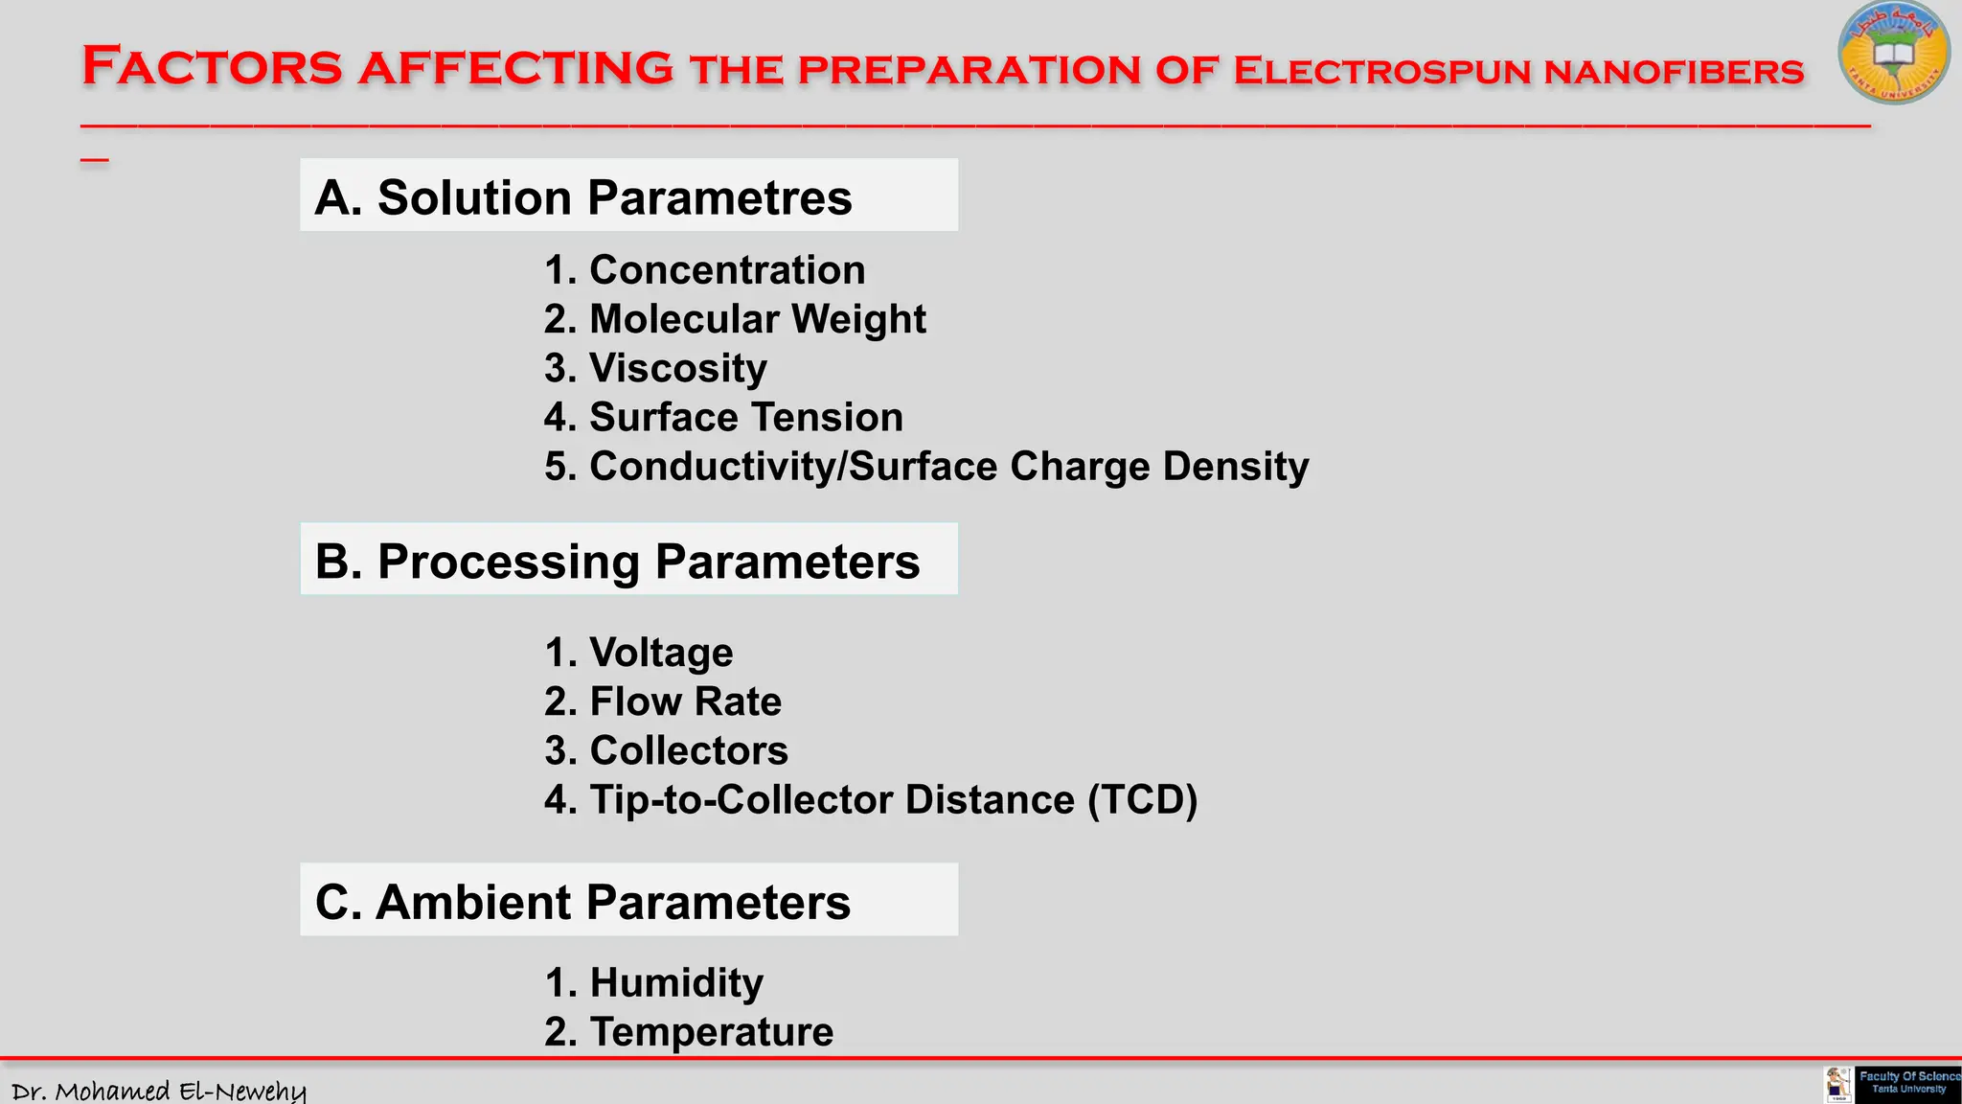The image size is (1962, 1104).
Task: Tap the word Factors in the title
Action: (212, 67)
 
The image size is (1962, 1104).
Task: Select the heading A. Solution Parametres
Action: (582, 197)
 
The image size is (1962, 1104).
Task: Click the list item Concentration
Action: (726, 270)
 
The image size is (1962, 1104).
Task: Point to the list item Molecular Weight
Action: (757, 319)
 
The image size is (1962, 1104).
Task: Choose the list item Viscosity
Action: (677, 368)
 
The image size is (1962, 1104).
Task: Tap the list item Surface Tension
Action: (745, 417)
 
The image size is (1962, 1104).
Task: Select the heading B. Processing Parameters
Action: (617, 561)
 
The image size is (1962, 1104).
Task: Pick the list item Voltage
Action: (660, 653)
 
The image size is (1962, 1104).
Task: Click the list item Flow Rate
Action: (684, 701)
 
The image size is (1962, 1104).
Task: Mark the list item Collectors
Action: (688, 750)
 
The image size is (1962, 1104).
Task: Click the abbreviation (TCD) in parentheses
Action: (1142, 800)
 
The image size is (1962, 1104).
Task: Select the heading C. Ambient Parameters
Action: (582, 902)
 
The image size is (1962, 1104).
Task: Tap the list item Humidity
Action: (675, 983)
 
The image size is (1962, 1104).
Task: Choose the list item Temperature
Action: (711, 1032)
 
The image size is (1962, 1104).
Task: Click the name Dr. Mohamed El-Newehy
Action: (159, 1091)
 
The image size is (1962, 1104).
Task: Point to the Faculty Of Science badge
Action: (1906, 1084)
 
